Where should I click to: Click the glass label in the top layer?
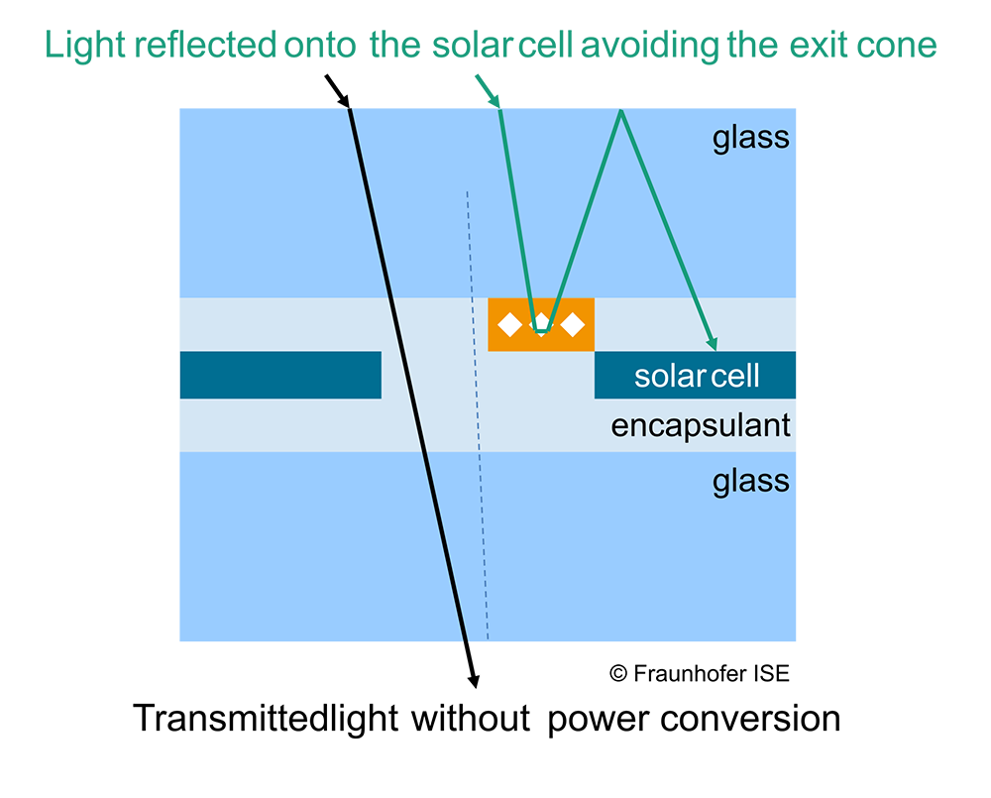pos(751,137)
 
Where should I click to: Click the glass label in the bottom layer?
pos(751,481)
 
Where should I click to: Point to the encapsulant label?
pos(701,426)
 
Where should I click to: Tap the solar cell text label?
pos(697,376)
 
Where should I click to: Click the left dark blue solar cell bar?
pos(280,375)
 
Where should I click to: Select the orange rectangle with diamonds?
pos(541,324)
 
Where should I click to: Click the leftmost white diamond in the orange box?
pos(509,324)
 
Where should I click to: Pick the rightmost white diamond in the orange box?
pos(573,324)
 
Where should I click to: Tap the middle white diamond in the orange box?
pos(541,323)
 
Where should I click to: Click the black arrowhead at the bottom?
pos(474,679)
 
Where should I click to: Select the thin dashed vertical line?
pos(478,416)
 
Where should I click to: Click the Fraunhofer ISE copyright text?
pos(700,674)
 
